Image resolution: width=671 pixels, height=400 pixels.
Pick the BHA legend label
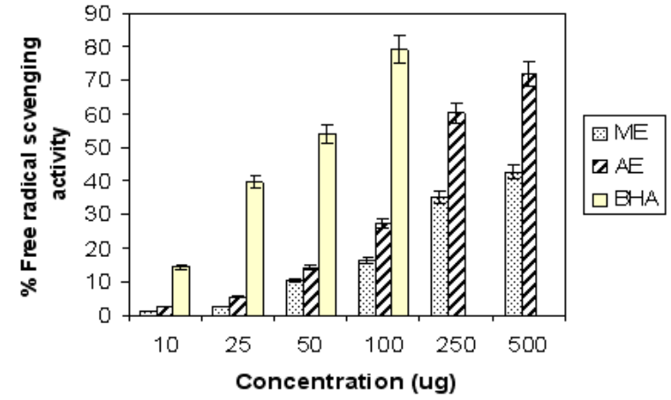(630, 203)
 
